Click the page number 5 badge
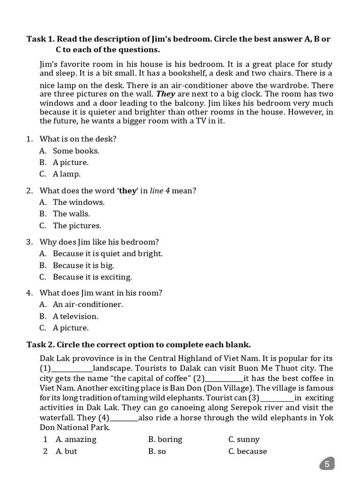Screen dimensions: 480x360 pos(327,464)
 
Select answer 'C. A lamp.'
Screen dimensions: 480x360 pos(60,174)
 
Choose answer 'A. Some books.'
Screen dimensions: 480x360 pos(70,151)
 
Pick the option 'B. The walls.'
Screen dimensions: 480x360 pos(65,214)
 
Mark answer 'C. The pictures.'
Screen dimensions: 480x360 pos(70,225)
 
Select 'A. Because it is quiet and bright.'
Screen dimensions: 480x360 pos(101,254)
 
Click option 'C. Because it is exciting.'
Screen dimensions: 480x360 pos(86,277)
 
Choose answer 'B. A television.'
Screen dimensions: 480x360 pos(69,316)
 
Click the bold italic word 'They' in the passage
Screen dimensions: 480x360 pos(166,94)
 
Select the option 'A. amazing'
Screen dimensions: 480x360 pos(76,440)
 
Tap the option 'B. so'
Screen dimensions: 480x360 pos(157,451)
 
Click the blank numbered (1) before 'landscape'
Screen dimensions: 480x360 pos(72,369)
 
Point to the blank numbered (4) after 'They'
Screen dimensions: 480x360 pos(124,418)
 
